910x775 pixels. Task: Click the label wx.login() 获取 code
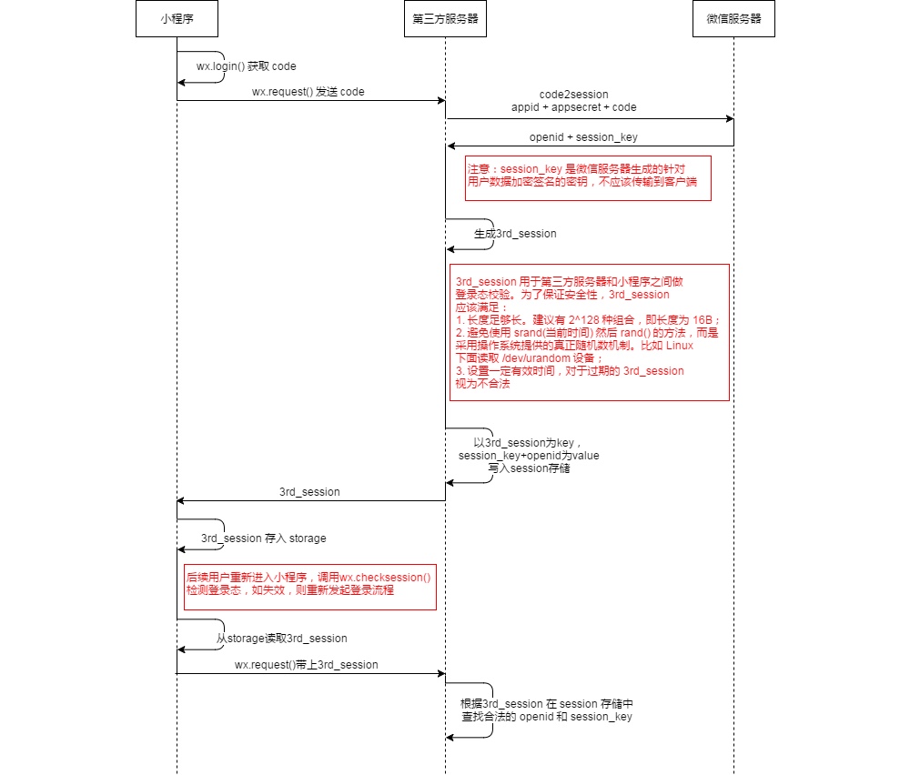tap(247, 66)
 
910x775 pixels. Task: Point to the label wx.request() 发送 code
tap(308, 92)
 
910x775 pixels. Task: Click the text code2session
tap(573, 94)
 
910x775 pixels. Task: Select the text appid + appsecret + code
tap(573, 106)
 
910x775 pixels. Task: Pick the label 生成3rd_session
tap(515, 234)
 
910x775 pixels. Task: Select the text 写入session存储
tap(529, 468)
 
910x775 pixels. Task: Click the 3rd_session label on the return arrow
tap(309, 492)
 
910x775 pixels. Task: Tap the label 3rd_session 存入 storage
tap(263, 538)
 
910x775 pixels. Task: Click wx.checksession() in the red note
tap(385, 577)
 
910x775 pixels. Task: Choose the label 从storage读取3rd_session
tap(281, 639)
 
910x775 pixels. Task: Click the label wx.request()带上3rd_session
tap(306, 665)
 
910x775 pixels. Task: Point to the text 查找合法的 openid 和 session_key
tap(545, 717)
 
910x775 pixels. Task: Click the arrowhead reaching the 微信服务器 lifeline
tap(729, 119)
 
